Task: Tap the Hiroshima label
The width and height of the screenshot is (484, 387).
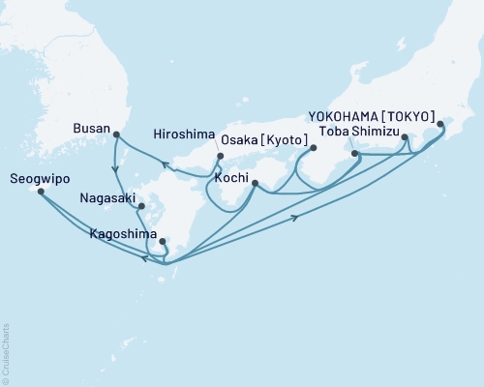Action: pyautogui.click(x=182, y=137)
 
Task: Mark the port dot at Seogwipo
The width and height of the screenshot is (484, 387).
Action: pyautogui.click(x=40, y=192)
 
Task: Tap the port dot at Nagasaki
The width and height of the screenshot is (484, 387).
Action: pyautogui.click(x=141, y=205)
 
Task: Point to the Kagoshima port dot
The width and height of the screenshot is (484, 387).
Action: pyautogui.click(x=163, y=242)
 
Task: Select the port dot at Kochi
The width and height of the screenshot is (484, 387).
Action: pyautogui.click(x=254, y=182)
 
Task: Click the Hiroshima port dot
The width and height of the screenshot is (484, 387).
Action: pyautogui.click(x=221, y=156)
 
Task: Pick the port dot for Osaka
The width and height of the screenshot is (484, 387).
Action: pyautogui.click(x=313, y=148)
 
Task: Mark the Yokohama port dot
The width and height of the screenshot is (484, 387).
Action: pyautogui.click(x=440, y=124)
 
